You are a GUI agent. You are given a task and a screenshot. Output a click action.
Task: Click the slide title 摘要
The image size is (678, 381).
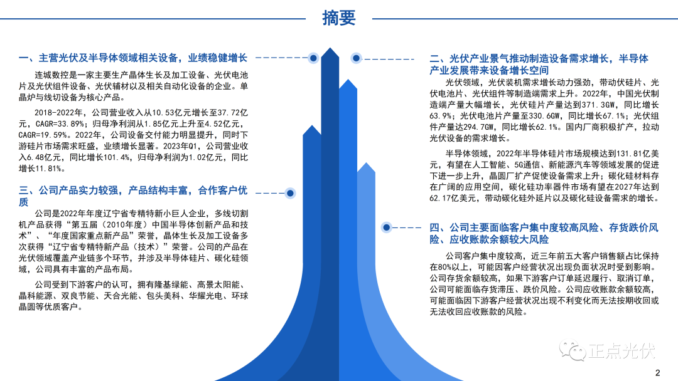339,18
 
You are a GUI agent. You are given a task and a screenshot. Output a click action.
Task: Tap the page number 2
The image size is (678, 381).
657,373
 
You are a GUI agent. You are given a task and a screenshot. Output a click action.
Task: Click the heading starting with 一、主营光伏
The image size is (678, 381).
132,58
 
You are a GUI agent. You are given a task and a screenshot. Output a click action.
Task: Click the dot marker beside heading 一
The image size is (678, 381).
313,58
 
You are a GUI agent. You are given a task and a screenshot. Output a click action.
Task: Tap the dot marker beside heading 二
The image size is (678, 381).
356,58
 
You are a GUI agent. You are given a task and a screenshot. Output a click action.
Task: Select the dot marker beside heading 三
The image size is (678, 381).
290,193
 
